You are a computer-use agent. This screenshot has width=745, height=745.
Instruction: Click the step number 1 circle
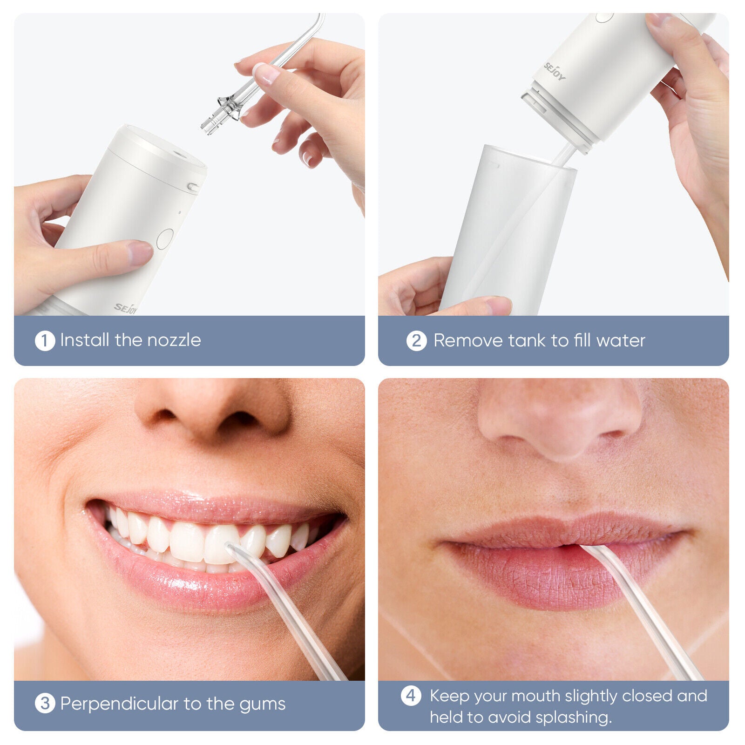[x=45, y=341]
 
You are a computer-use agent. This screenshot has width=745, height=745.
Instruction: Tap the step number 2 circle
[x=416, y=341]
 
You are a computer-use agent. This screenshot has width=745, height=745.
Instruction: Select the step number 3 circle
[x=45, y=704]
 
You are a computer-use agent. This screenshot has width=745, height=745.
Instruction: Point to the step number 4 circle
[x=411, y=696]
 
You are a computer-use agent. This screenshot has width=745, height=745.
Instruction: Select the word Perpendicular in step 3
[x=120, y=704]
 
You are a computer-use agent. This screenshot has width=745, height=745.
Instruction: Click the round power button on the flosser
[x=165, y=238]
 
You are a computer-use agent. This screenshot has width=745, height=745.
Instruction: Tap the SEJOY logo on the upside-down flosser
[x=555, y=71]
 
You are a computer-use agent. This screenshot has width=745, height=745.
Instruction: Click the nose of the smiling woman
[x=212, y=410]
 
